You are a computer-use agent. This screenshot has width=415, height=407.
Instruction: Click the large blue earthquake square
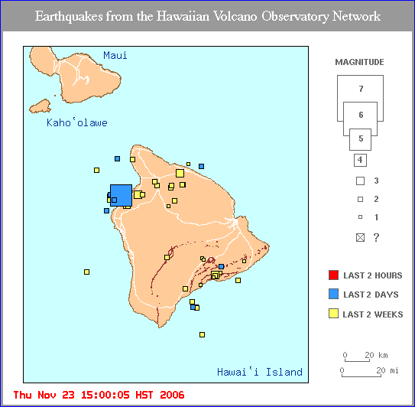tap(121, 195)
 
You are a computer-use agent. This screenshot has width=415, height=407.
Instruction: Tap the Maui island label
tap(115, 55)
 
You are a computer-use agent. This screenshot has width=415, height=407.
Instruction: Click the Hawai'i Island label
tap(259, 373)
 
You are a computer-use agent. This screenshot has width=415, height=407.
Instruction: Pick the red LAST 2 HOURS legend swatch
tap(332, 275)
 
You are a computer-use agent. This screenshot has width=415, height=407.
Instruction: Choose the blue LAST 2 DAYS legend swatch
tap(332, 295)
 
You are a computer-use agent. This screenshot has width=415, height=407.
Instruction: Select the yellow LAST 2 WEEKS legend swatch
tap(332, 314)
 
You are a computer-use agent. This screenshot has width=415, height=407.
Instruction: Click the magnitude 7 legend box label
tap(360, 90)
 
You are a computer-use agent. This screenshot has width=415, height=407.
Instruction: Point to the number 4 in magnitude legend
tap(360, 160)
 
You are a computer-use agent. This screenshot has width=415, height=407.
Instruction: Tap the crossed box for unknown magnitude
tap(360, 238)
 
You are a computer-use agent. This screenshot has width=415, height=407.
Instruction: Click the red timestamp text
tap(99, 395)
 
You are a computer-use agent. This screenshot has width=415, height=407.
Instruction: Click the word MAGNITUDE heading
tap(359, 62)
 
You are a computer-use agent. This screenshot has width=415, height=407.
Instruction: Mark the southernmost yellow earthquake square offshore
tap(202, 334)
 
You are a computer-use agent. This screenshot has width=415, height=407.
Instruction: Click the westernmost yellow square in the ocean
tap(86, 272)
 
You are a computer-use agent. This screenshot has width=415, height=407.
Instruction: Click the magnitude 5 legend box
tap(360, 140)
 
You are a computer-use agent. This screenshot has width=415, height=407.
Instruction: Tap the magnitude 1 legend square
tap(360, 218)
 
